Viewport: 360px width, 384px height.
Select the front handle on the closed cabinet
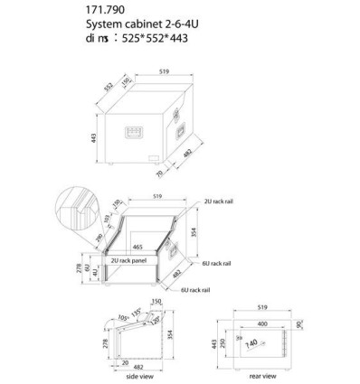click(x=135, y=133)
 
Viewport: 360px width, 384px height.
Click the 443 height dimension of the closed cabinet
click(x=94, y=137)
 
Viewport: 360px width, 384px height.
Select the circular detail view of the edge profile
click(x=75, y=209)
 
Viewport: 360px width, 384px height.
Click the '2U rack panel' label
click(x=132, y=259)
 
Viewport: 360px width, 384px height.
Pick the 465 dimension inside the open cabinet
click(x=137, y=246)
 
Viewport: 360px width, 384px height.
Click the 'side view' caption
click(x=137, y=374)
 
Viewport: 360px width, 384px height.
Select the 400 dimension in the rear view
click(x=260, y=323)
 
